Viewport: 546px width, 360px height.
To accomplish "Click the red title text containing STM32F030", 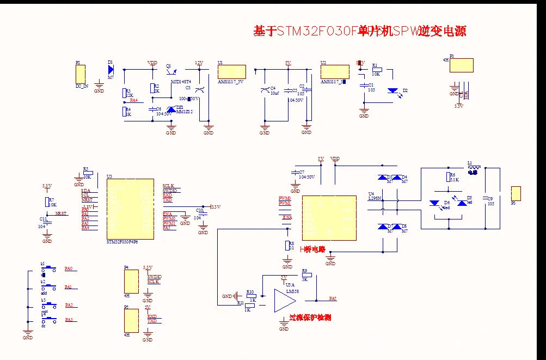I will click(x=359, y=31).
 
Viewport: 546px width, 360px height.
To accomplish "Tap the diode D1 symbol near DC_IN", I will click(x=111, y=69).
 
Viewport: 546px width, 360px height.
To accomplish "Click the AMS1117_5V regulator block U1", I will click(x=232, y=72).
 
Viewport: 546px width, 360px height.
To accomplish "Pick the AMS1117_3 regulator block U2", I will click(x=335, y=72).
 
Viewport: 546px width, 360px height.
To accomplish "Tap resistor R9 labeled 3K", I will click(x=304, y=275).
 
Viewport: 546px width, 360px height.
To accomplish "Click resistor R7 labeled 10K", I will click(x=47, y=202).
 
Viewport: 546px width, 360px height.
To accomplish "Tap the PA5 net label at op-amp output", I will click(x=333, y=298).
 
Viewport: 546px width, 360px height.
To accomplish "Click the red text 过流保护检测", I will click(x=310, y=318).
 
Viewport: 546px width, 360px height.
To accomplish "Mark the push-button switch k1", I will click(x=50, y=268).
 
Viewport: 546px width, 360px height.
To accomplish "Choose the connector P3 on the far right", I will click(x=516, y=193).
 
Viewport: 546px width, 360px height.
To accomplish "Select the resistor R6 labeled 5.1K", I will click(x=447, y=176).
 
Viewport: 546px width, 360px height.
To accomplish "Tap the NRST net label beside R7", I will click(x=61, y=214).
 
